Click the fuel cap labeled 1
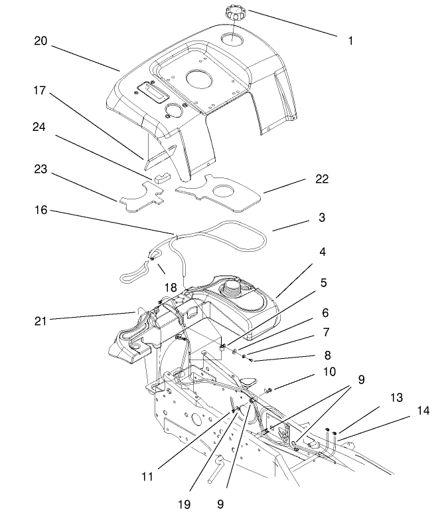pos(235,13)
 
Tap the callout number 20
pos(41,41)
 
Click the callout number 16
pos(41,211)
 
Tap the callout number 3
pos(322,218)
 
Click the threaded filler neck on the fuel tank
pos(234,289)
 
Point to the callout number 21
pos(41,321)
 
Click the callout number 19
pos(184,504)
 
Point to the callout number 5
pos(323,282)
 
